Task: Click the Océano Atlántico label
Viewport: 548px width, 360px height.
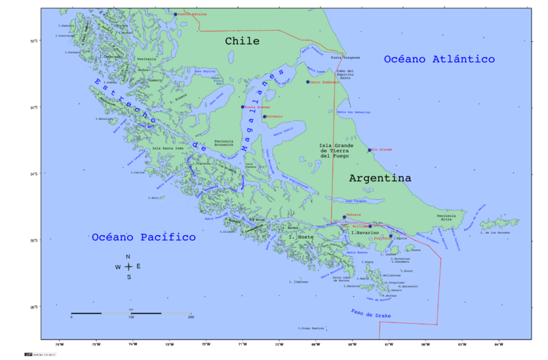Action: click(x=439, y=60)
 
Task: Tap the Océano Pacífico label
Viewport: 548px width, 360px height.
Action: click(x=143, y=237)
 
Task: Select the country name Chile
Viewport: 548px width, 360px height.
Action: click(x=242, y=42)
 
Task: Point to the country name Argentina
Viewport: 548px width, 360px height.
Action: click(x=380, y=178)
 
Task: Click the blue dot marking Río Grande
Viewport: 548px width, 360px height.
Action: click(x=370, y=150)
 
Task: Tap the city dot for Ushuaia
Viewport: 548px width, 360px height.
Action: click(x=345, y=218)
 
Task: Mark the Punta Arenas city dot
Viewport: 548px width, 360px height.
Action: click(x=242, y=107)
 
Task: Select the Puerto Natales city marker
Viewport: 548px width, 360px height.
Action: click(x=175, y=14)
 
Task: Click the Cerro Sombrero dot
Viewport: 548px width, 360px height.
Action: click(x=308, y=81)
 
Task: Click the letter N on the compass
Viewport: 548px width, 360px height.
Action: click(x=128, y=257)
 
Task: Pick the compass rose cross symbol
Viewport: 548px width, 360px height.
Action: click(x=128, y=266)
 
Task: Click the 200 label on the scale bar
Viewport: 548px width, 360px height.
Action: click(x=190, y=318)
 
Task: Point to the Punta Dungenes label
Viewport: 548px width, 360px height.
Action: click(x=345, y=57)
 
